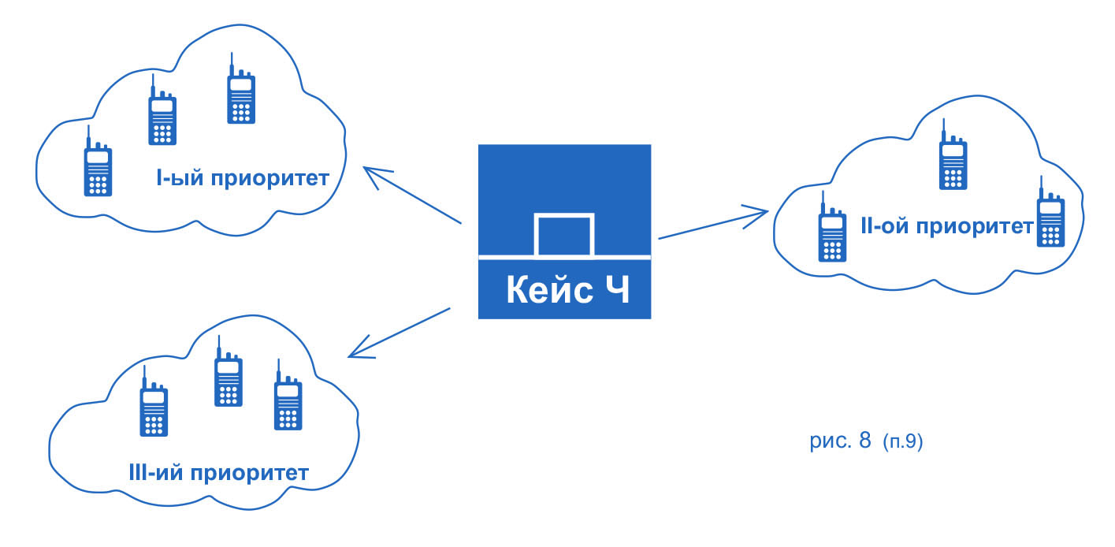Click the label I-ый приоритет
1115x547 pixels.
coord(241,177)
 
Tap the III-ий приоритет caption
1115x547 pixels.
coord(217,474)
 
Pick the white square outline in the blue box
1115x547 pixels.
coord(563,235)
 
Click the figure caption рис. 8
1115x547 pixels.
coord(840,441)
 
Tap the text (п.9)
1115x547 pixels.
coord(902,442)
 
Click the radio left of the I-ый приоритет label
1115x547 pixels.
coord(97,165)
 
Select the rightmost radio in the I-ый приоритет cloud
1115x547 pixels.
coord(240,92)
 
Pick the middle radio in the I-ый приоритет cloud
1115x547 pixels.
coord(162,113)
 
